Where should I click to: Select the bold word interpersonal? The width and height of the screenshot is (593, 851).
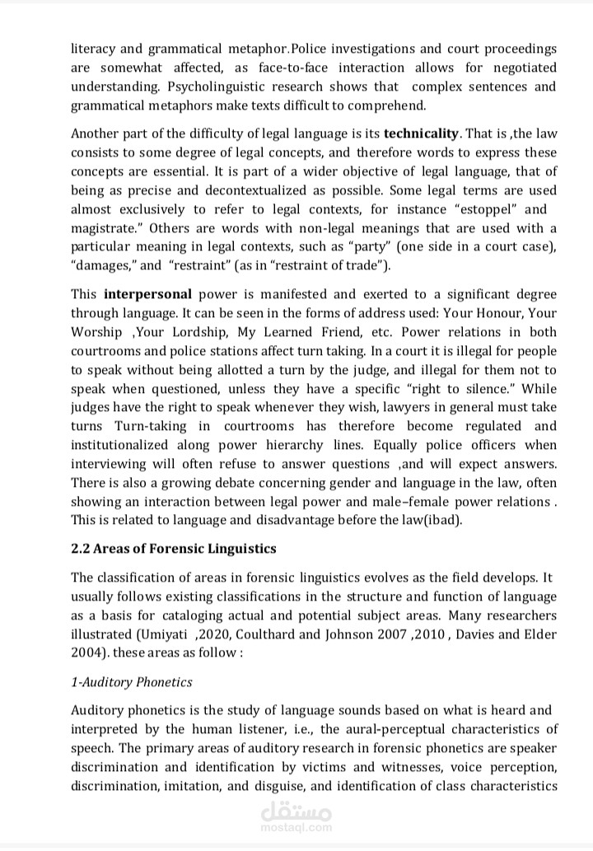point(148,294)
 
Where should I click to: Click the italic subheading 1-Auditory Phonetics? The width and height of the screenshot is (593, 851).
point(132,681)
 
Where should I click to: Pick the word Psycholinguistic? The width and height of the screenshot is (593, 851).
point(218,87)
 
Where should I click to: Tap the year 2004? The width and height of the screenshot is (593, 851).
point(88,653)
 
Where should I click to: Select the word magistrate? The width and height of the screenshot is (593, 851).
point(104,228)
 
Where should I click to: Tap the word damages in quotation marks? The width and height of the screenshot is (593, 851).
point(104,265)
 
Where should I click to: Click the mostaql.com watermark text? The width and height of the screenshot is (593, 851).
point(296,827)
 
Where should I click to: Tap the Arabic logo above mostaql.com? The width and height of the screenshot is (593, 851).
point(296,811)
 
